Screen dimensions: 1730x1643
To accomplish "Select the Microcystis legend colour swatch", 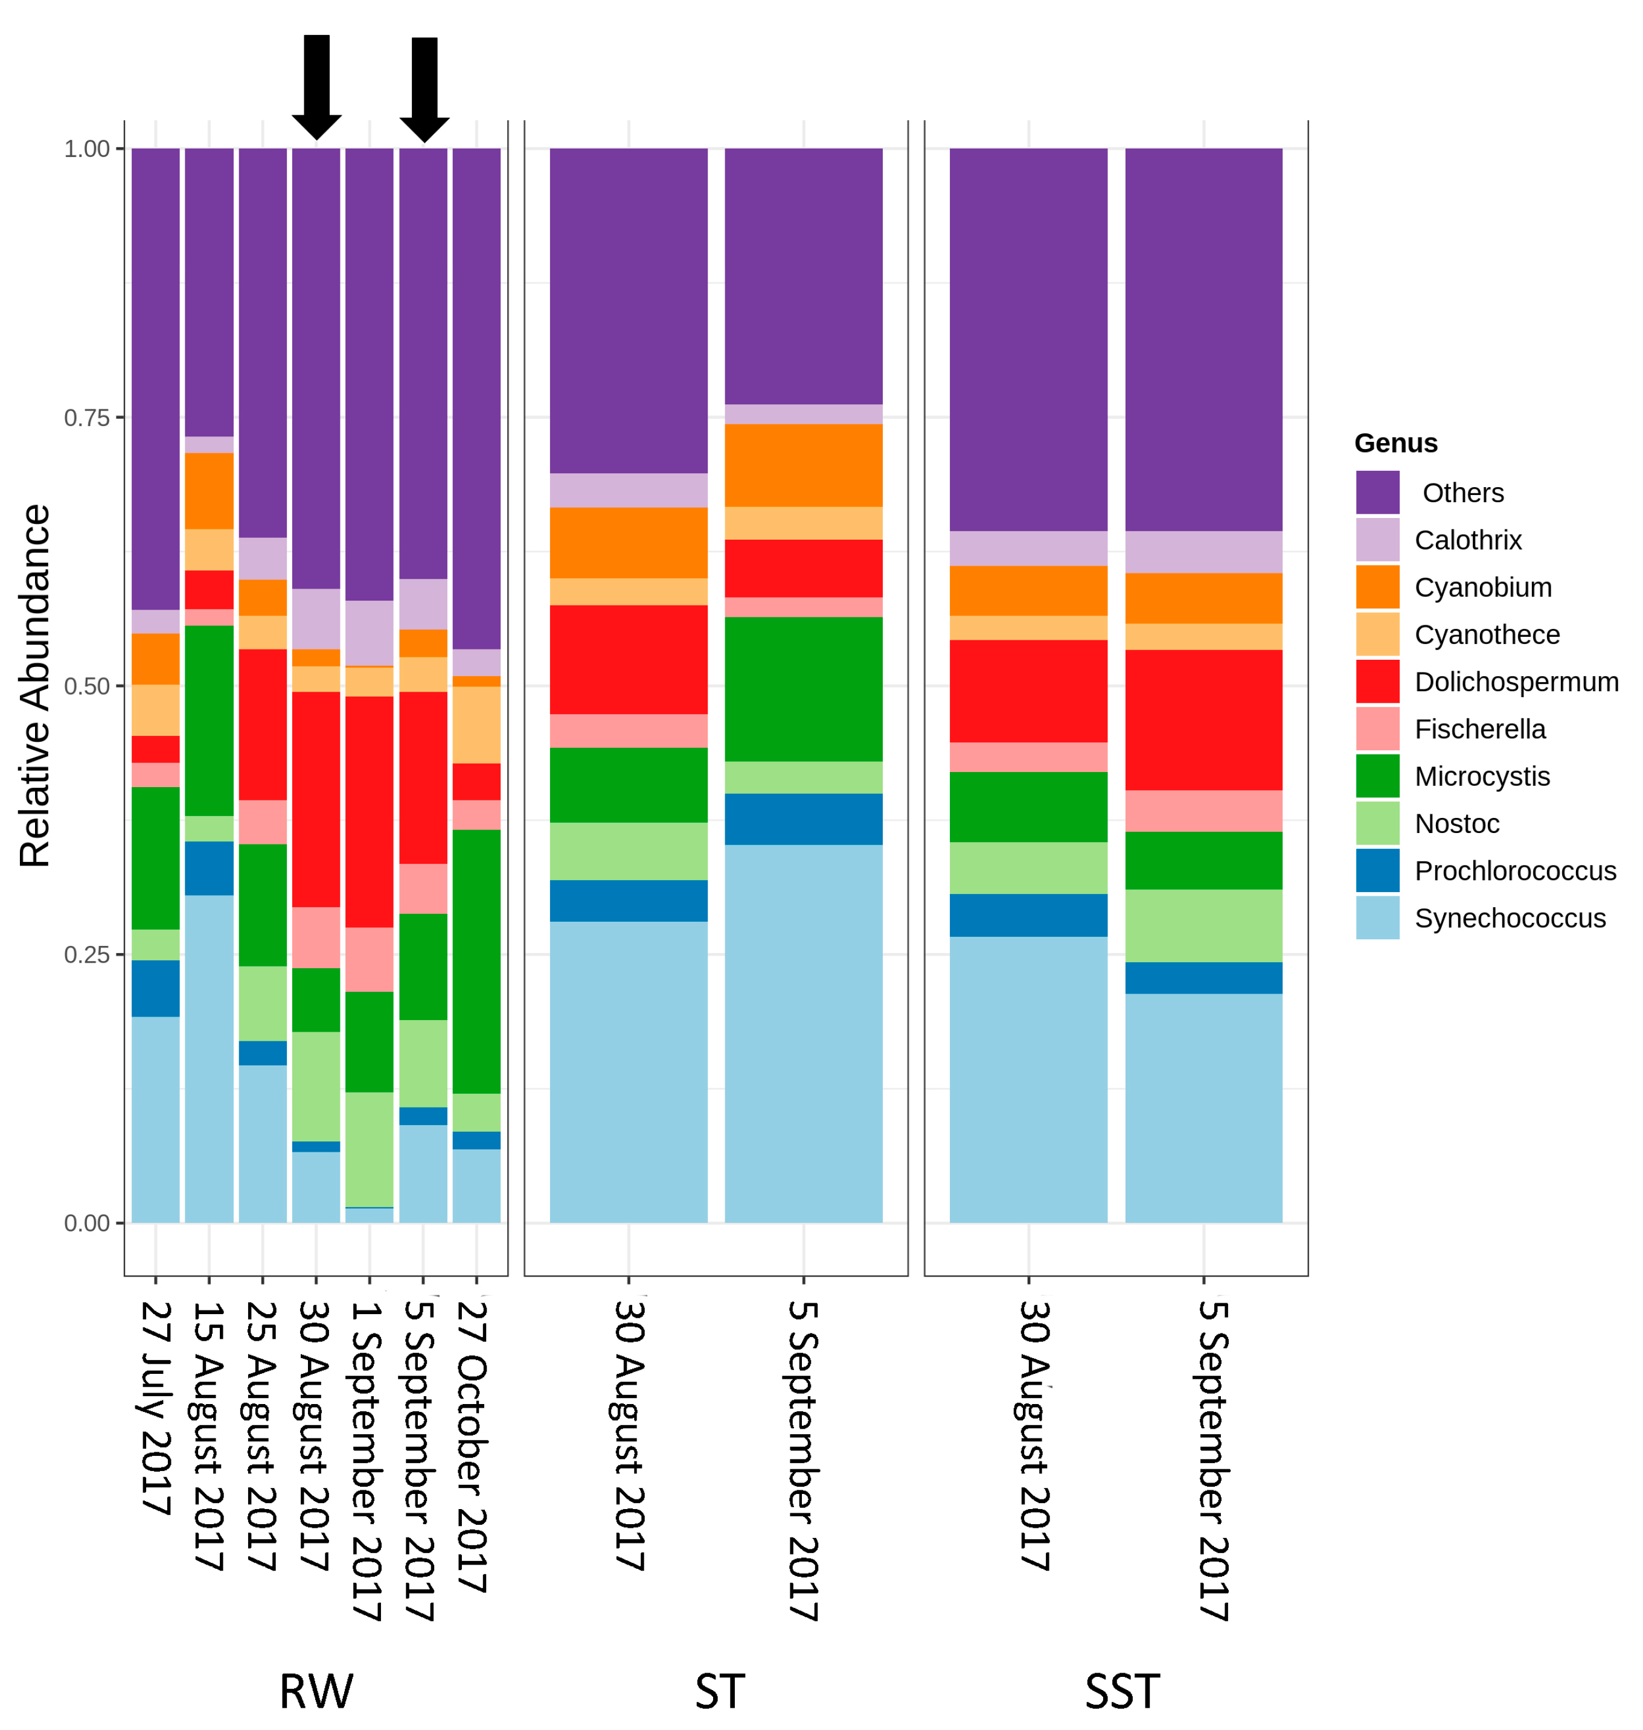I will click(1377, 776).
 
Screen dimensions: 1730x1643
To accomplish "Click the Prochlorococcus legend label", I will click(1514, 870).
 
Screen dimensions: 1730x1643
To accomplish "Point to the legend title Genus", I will click(1395, 443).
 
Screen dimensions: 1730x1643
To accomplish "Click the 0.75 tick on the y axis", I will click(87, 418).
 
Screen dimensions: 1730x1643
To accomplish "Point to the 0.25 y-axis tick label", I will click(87, 954).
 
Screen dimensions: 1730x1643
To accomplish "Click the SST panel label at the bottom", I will click(1122, 1691).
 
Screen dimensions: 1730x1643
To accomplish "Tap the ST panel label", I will click(719, 1691).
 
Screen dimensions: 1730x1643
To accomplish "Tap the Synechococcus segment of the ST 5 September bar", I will click(803, 1033).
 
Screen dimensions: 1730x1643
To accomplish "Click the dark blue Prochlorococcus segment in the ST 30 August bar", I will click(628, 900).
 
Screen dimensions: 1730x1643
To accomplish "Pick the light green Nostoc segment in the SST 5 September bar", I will click(1203, 925).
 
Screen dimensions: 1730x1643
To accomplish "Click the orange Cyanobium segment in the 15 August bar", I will click(208, 490).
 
